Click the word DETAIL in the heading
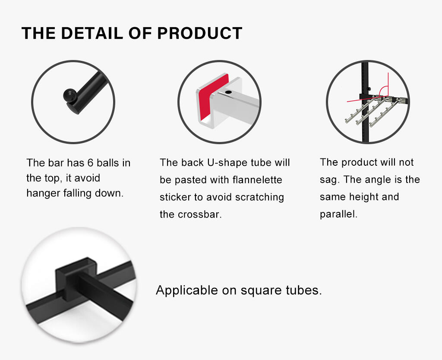(x=92, y=33)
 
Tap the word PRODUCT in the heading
(x=199, y=33)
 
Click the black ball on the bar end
(x=69, y=95)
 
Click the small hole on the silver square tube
(x=228, y=92)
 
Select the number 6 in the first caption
(x=90, y=163)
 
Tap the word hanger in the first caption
(x=44, y=193)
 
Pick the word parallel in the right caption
(x=338, y=214)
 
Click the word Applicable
(x=186, y=291)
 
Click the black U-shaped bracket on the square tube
(x=76, y=278)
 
